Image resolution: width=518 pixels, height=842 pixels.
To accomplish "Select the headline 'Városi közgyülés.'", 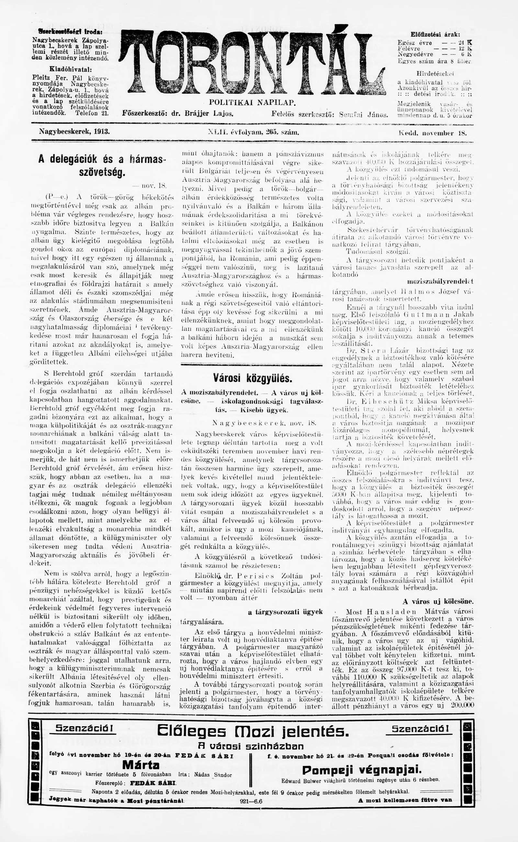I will point(253,379).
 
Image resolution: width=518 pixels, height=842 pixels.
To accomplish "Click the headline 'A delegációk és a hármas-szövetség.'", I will point(102,165).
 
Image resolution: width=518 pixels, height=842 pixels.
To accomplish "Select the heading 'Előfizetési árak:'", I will point(435,35).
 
